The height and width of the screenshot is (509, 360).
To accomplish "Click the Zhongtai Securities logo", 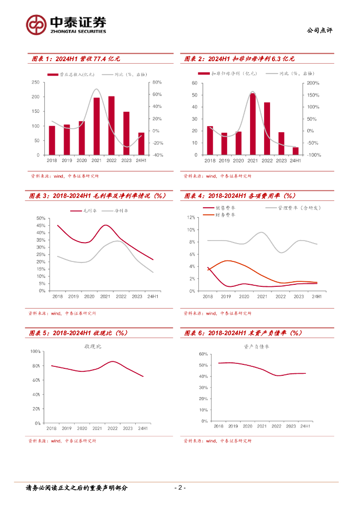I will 66,24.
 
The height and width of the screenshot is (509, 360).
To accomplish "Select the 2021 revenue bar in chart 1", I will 96,126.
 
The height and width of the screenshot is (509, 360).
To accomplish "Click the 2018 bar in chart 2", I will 210,141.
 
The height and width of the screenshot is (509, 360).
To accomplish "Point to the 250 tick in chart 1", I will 35,82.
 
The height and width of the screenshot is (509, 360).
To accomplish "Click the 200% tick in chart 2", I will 314,83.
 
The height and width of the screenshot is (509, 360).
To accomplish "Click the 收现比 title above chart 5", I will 92,346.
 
